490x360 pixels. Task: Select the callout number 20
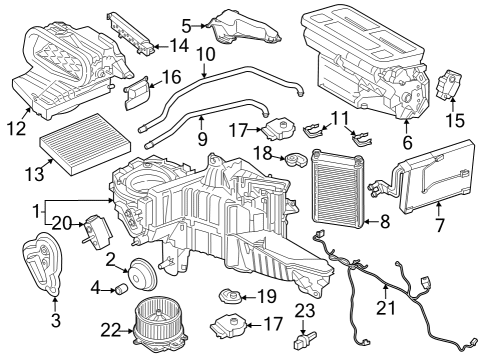[59, 223]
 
